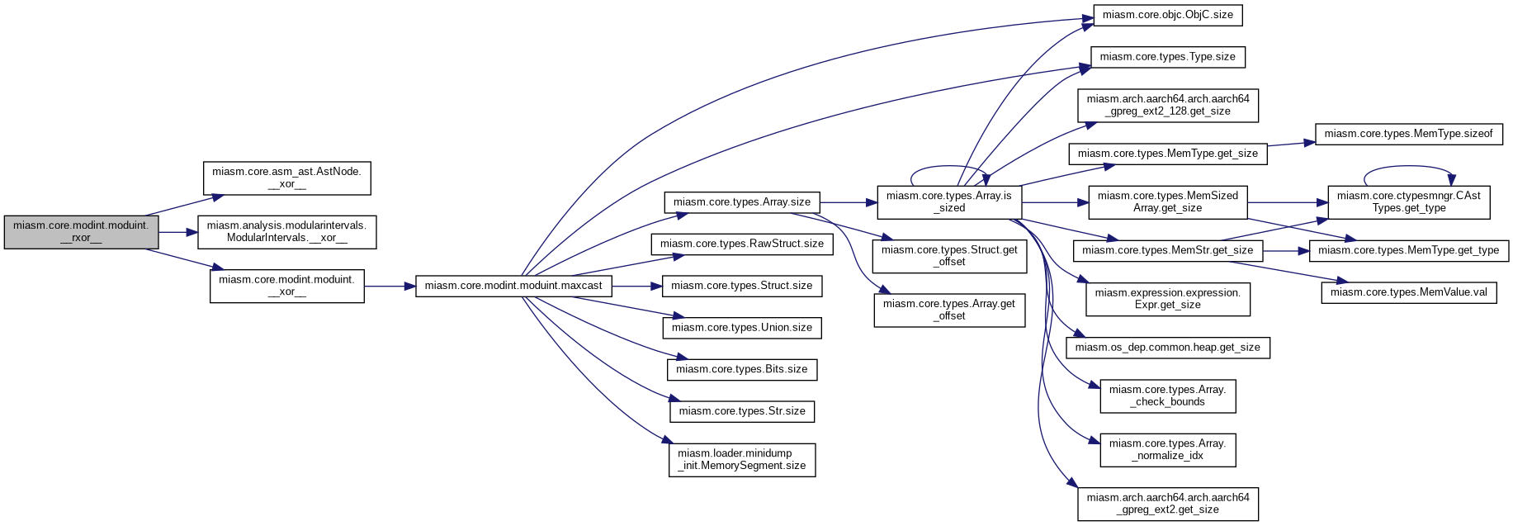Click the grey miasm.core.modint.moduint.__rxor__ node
[x=81, y=232]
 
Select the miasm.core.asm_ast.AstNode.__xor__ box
[x=286, y=178]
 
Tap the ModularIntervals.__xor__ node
[x=286, y=232]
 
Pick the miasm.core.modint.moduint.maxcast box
[x=513, y=286]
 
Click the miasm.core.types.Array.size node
[x=742, y=201]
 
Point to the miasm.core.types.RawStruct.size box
[x=742, y=244]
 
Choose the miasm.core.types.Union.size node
[x=742, y=328]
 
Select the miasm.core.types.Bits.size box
[x=742, y=369]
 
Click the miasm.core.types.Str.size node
[x=742, y=411]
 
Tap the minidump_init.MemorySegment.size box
[x=742, y=460]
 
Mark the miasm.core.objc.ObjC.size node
[x=1167, y=15]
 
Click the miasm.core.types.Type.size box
[x=1167, y=57]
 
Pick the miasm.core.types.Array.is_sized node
[x=949, y=201]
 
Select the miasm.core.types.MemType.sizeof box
[x=1409, y=134]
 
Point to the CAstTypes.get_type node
[x=1409, y=201]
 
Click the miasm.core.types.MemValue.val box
[x=1409, y=292]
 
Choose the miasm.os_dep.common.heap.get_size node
[x=1167, y=348]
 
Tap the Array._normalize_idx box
[x=1167, y=450]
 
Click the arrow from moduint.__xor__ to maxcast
[x=390, y=286]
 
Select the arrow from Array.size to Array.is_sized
[x=848, y=201]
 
